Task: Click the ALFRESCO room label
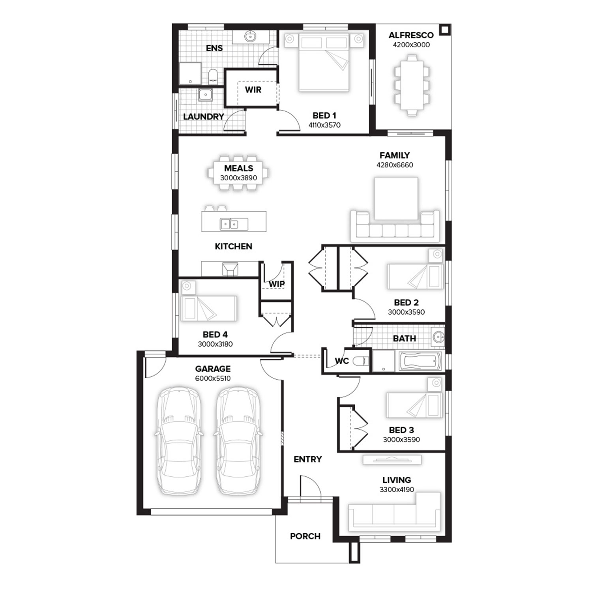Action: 411,35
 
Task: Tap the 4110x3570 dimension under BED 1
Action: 324,125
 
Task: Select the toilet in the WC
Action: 361,361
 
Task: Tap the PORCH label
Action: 305,536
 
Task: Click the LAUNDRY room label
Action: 203,117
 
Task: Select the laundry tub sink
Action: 206,95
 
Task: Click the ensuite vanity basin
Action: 250,37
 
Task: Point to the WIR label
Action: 253,90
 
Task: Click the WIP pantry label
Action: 277,284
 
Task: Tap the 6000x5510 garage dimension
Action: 213,378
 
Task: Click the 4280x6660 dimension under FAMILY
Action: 395,165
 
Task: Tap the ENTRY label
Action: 308,459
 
